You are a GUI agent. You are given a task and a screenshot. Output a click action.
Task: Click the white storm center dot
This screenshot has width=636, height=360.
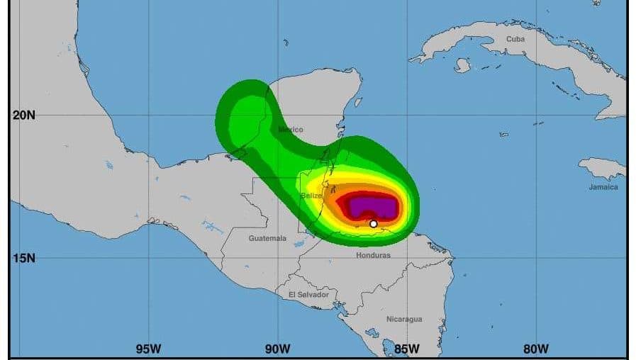pyautogui.click(x=374, y=224)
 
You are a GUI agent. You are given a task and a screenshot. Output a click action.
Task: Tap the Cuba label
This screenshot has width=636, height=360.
pyautogui.click(x=515, y=39)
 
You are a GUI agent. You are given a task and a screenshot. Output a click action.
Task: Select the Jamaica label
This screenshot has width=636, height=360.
pyautogui.click(x=603, y=187)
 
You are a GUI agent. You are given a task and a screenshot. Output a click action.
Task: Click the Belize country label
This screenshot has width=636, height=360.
pyautogui.click(x=311, y=196)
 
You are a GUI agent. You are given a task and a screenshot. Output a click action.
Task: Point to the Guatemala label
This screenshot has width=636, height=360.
pyautogui.click(x=267, y=239)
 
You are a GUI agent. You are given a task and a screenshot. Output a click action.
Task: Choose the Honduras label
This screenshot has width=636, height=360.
pyautogui.click(x=373, y=255)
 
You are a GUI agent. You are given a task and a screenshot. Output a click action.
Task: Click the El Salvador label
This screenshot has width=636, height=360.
pyautogui.click(x=308, y=294)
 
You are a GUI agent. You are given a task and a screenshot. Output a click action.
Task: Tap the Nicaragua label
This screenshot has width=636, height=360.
pyautogui.click(x=404, y=319)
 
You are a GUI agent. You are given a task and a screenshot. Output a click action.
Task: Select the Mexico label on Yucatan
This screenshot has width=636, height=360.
pyautogui.click(x=291, y=130)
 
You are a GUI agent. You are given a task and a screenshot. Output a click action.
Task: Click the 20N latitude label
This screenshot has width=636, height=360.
pyautogui.click(x=23, y=115)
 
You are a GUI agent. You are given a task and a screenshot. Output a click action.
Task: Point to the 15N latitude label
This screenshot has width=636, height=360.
pyautogui.click(x=23, y=258)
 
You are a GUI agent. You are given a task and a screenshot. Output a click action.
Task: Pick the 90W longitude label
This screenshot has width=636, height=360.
pyautogui.click(x=277, y=348)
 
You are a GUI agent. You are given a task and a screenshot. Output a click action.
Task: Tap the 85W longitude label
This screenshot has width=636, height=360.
pyautogui.click(x=406, y=348)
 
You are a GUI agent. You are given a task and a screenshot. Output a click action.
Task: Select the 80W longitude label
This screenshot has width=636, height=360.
pyautogui.click(x=536, y=348)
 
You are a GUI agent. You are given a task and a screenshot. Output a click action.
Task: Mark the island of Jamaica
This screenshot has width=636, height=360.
pyautogui.click(x=603, y=169)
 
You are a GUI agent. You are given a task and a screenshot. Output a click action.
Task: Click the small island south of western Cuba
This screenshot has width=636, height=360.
pyautogui.click(x=462, y=65)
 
